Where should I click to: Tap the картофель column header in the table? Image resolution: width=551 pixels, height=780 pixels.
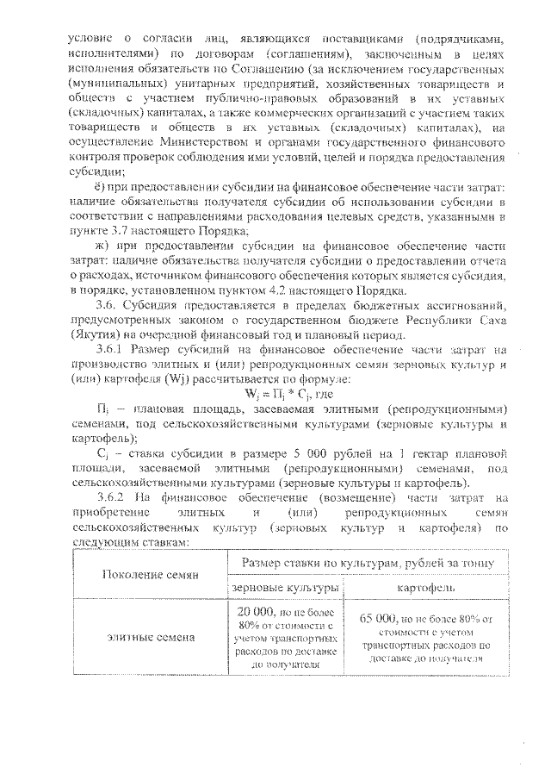[426, 588]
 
